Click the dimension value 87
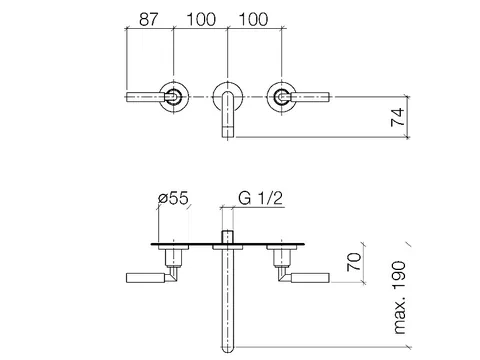coord(148,19)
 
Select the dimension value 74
coord(398,117)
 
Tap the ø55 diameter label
coord(173,198)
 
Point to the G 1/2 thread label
coord(260,198)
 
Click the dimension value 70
coord(354,262)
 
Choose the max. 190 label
coord(400,298)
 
